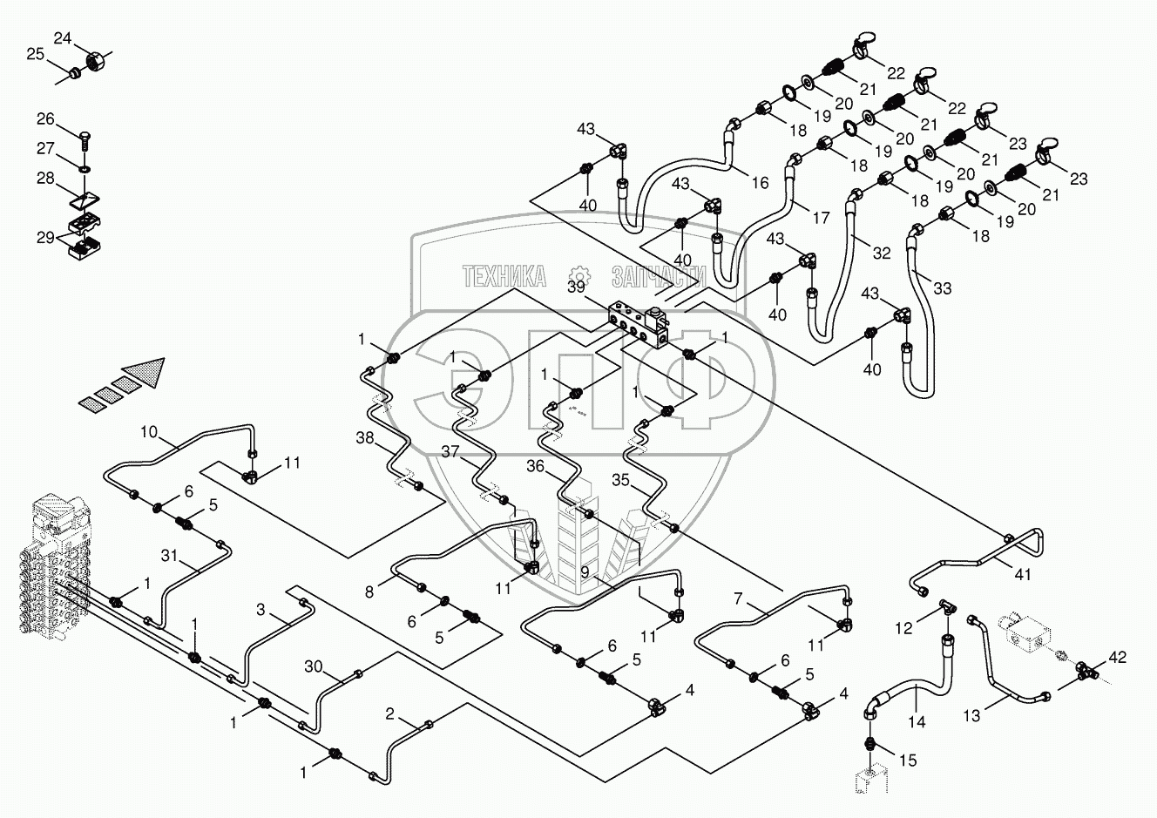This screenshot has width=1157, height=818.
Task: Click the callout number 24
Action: point(63,38)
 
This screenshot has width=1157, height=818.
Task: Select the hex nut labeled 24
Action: point(95,62)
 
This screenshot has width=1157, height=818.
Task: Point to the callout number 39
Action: point(577,287)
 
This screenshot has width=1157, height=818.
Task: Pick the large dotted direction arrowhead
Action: point(145,371)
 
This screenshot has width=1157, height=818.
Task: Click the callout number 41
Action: point(1024,574)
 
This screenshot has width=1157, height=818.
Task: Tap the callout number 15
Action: point(908,760)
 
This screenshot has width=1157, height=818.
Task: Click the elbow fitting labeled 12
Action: point(944,607)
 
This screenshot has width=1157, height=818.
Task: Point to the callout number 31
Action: point(169,556)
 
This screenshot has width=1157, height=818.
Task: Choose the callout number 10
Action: point(149,432)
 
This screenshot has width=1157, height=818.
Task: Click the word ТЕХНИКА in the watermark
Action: point(504,276)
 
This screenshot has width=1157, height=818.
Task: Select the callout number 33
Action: point(943,288)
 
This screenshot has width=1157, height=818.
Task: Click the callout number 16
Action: point(761,182)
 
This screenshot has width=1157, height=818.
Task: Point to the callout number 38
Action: point(365,438)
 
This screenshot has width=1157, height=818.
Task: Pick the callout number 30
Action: point(314,666)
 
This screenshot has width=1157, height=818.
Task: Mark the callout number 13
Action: point(971,716)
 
